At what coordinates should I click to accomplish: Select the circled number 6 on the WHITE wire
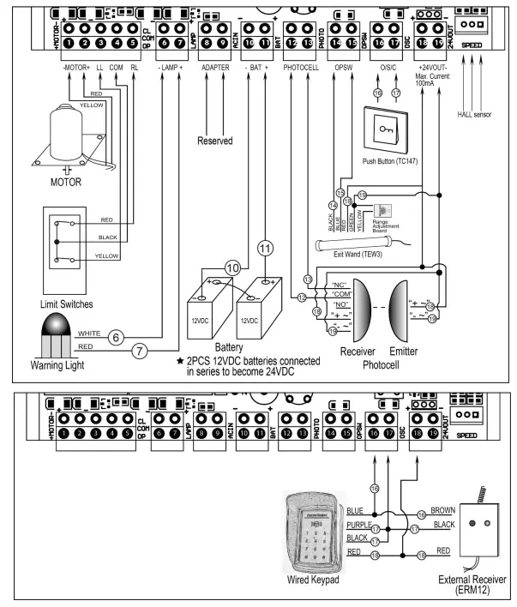[117, 338]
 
